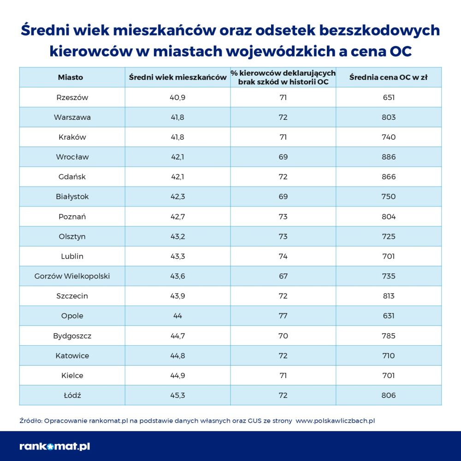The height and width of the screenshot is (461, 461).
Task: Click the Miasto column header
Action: (x=71, y=77)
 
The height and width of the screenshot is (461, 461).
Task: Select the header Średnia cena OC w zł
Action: (x=388, y=77)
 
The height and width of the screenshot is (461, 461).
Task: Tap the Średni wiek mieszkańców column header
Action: (x=177, y=77)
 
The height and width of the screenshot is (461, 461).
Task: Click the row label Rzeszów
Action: (x=72, y=97)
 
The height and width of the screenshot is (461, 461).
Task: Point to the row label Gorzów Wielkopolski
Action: (x=72, y=276)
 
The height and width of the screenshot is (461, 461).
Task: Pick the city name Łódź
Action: (x=72, y=395)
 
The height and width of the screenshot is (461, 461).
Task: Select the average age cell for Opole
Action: (x=177, y=316)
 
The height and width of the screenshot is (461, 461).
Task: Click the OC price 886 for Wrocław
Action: (x=389, y=157)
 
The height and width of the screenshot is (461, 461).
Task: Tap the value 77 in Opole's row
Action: (x=283, y=316)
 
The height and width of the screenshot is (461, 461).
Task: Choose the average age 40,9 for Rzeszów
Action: (x=177, y=97)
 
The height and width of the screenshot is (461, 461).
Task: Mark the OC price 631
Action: (x=389, y=316)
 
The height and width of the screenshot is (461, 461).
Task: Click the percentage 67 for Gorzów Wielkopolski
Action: (x=283, y=276)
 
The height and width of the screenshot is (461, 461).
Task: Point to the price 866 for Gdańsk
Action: (x=389, y=177)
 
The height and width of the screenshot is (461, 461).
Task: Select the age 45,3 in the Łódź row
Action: (x=177, y=395)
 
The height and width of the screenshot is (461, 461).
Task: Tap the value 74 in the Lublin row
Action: (x=283, y=256)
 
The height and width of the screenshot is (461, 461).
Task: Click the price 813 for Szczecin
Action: (x=389, y=296)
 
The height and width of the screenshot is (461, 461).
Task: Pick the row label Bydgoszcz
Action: (x=72, y=336)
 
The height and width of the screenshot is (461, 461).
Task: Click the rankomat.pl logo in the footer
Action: (x=54, y=446)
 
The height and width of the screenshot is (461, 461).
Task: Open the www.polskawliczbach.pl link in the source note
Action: (x=335, y=420)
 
